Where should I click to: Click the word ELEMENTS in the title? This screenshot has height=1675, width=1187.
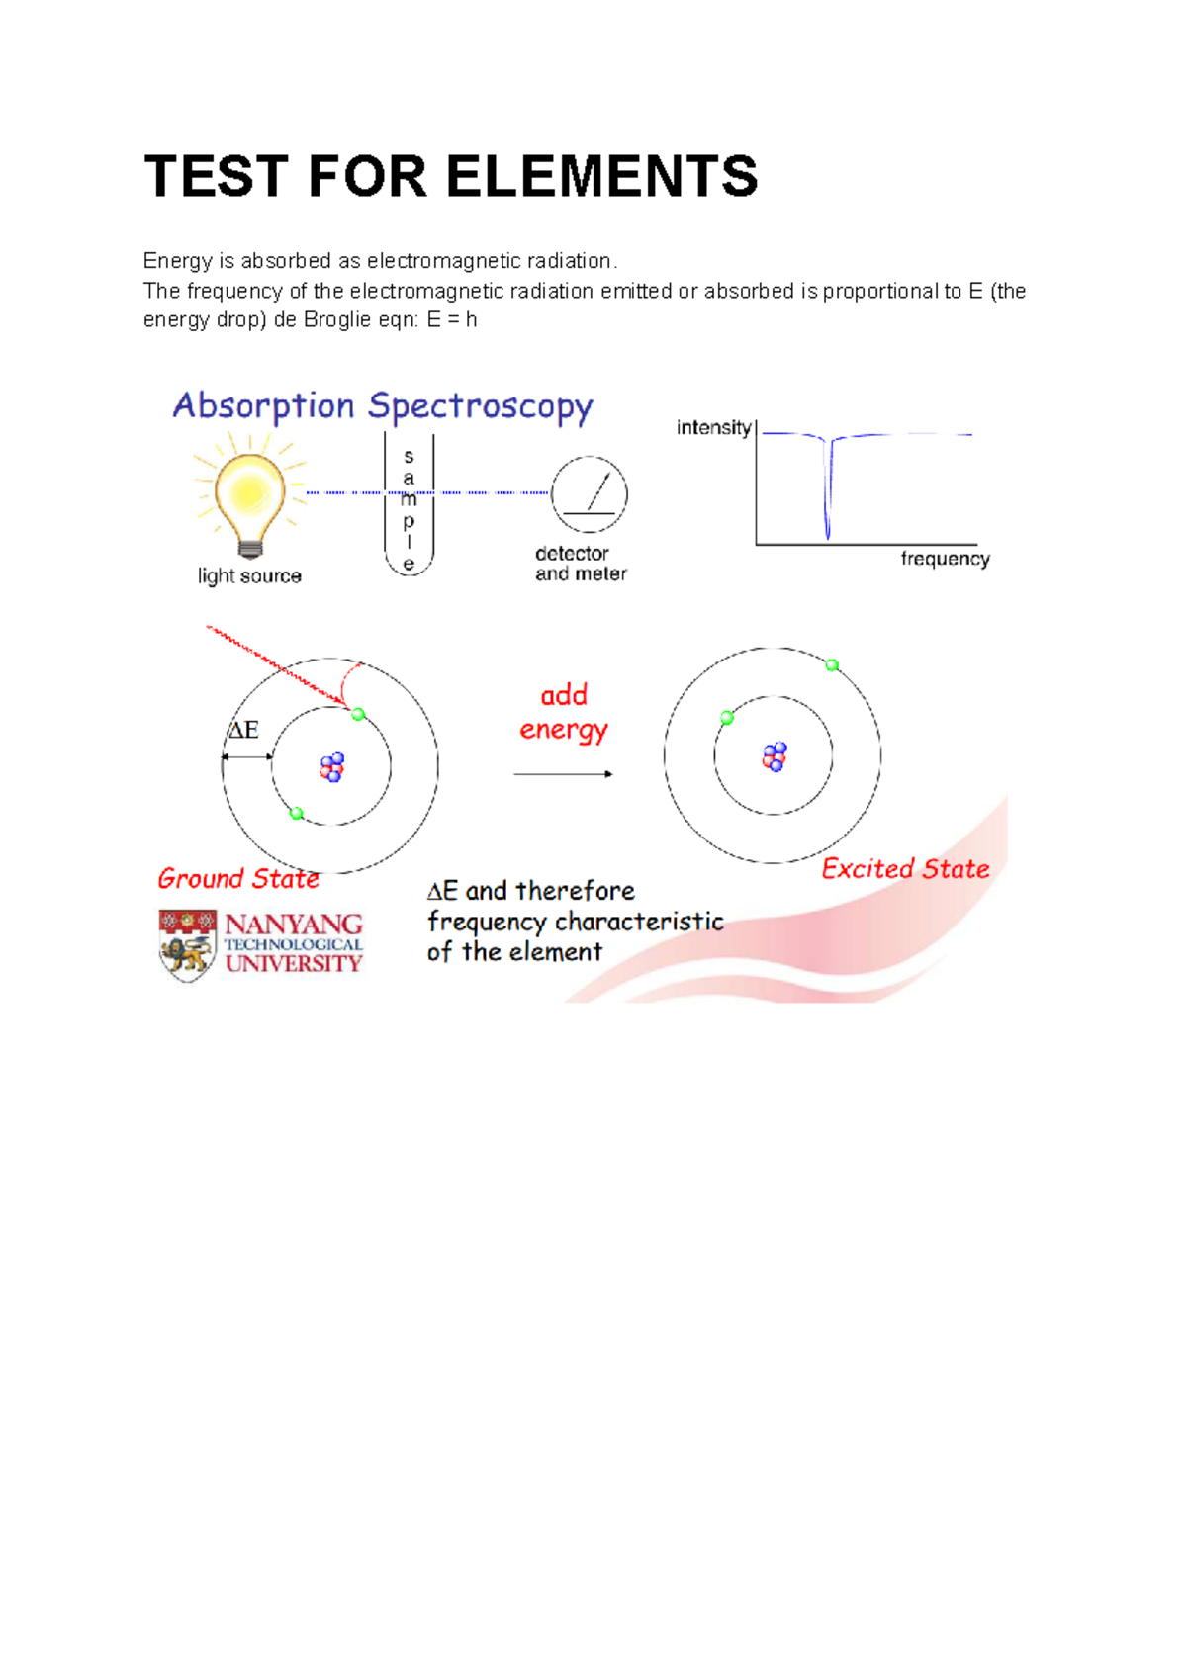pos(601,177)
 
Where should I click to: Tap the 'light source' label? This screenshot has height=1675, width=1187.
pos(249,576)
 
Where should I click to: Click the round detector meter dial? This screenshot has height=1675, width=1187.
pos(589,493)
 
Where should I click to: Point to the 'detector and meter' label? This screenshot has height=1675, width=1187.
pos(581,564)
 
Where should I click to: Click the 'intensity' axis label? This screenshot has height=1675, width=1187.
pos(713,427)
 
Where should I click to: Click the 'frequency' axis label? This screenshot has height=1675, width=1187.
pos(945,559)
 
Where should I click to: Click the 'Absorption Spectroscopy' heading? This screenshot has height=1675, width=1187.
pos(383,406)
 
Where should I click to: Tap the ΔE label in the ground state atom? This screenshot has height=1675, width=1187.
pos(243,731)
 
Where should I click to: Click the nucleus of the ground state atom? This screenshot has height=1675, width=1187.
pos(332,767)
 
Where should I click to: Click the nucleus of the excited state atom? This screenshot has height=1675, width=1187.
pos(775,757)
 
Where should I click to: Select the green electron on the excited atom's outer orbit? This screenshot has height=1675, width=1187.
pos(832,665)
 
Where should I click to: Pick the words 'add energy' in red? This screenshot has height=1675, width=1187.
pos(564,712)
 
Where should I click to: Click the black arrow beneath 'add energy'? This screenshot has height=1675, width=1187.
pos(563,774)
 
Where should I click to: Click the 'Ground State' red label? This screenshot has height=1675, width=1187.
pos(238,878)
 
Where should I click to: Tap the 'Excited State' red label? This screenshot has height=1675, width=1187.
pos(905,869)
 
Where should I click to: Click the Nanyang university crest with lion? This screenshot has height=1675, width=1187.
pos(187,946)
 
